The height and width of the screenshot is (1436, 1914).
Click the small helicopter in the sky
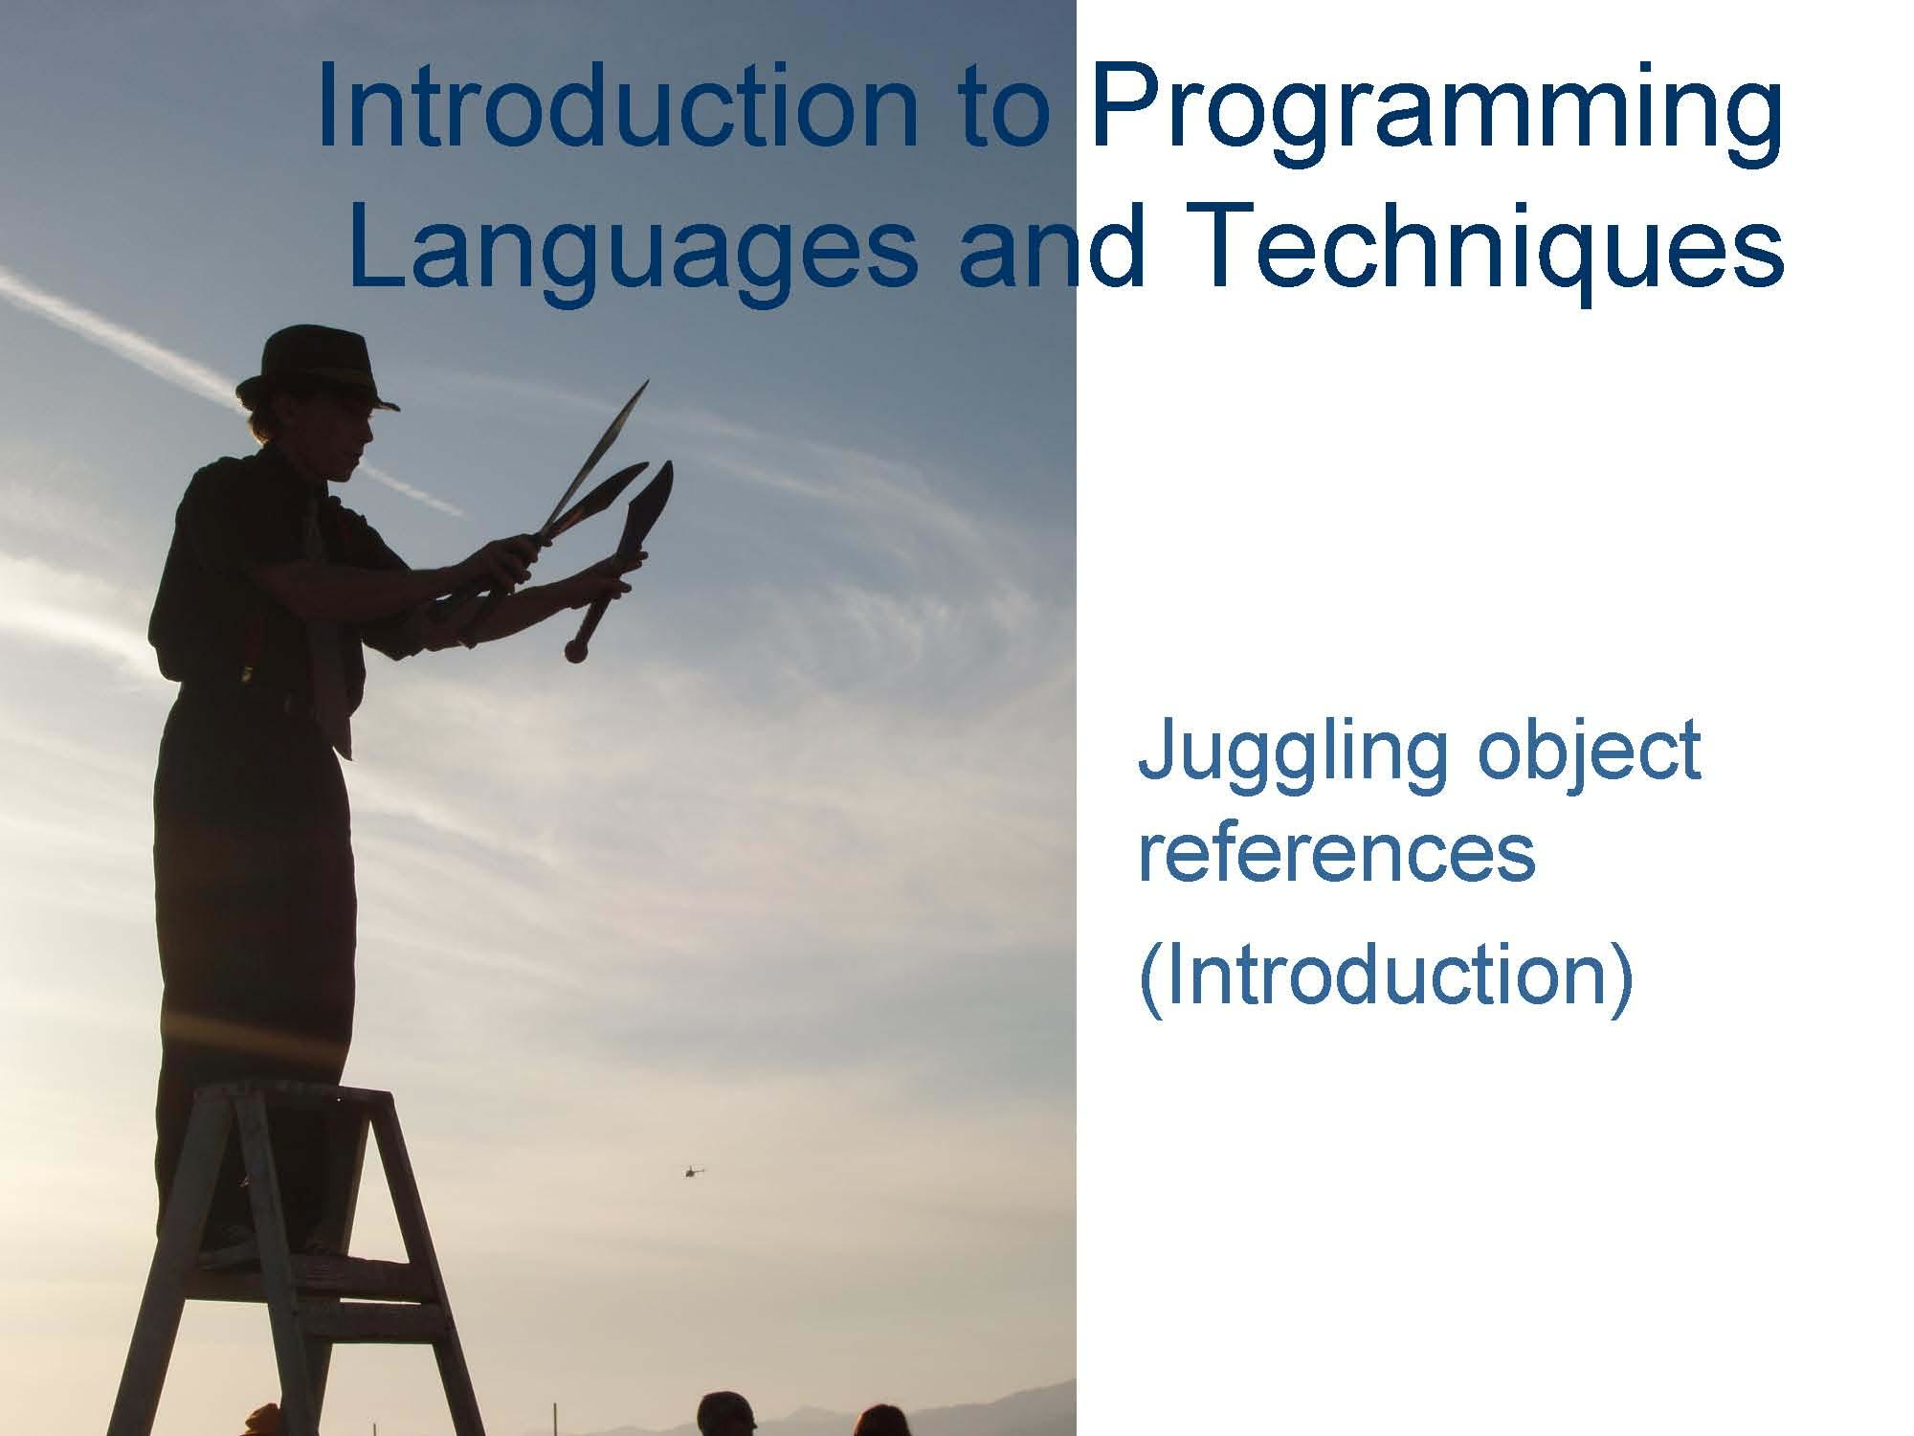coord(693,1171)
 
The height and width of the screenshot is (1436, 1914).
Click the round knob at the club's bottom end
coord(576,651)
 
